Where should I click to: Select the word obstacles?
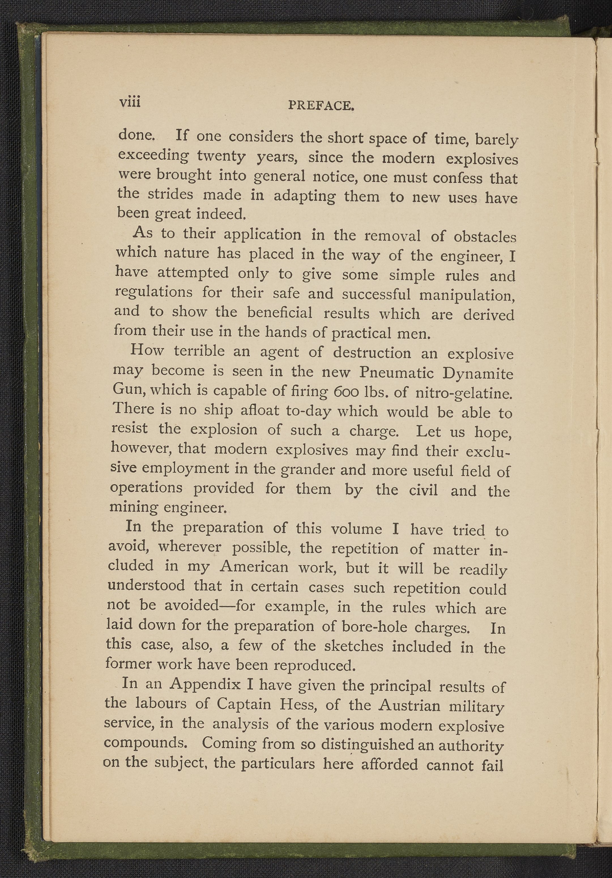tap(485, 237)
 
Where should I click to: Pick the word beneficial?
tap(280, 313)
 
